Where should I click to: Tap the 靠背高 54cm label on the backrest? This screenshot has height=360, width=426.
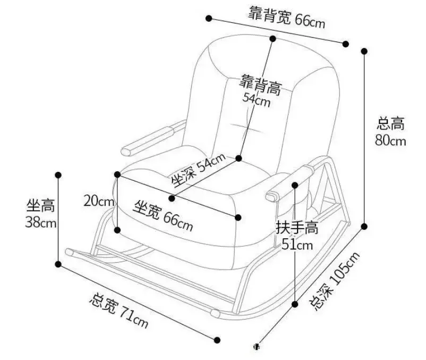point(259,90)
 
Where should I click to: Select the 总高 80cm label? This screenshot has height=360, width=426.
point(391,132)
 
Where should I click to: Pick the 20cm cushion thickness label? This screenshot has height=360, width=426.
point(99,201)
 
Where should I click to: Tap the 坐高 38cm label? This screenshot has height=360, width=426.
point(41,214)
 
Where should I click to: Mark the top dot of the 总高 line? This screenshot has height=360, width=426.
point(364,51)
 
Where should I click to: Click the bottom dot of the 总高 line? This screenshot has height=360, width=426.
point(364,226)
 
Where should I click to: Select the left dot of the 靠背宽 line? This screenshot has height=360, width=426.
point(209,19)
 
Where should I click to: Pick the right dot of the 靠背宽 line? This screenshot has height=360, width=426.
point(346,44)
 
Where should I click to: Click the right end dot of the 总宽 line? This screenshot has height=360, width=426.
point(217,340)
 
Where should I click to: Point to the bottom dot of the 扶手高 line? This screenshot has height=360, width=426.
point(295,304)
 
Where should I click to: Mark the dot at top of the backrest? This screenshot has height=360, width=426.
point(272,38)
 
